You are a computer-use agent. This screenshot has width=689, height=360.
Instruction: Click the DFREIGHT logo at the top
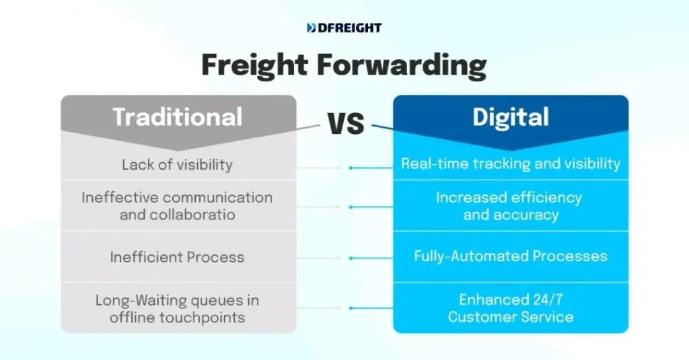point(344,28)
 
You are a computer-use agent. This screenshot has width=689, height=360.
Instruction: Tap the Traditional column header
point(178,117)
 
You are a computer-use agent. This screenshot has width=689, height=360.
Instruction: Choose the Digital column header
point(511,117)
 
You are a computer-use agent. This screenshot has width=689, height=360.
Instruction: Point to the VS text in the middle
point(345,124)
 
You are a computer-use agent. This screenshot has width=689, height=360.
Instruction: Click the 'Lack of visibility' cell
point(178,164)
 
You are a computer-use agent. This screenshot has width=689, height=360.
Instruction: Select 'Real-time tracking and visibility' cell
point(511,164)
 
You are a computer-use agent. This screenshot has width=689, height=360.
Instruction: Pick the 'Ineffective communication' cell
point(178,206)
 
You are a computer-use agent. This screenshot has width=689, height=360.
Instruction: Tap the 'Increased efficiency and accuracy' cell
point(511,206)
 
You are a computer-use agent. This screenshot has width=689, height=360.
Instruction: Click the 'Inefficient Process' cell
point(178,257)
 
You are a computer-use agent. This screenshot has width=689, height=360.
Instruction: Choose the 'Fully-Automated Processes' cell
point(511,256)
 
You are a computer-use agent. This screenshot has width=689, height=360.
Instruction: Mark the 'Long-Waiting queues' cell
point(178,308)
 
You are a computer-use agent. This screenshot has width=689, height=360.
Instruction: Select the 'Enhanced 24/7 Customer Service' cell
point(511,308)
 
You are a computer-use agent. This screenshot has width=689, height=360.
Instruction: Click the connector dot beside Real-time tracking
point(351,168)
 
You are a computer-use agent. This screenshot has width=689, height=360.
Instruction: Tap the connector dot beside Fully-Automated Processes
point(351,258)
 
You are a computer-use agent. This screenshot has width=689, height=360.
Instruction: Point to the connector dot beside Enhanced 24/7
point(351,308)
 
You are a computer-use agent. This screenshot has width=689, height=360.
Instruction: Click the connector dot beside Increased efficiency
point(351,207)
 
